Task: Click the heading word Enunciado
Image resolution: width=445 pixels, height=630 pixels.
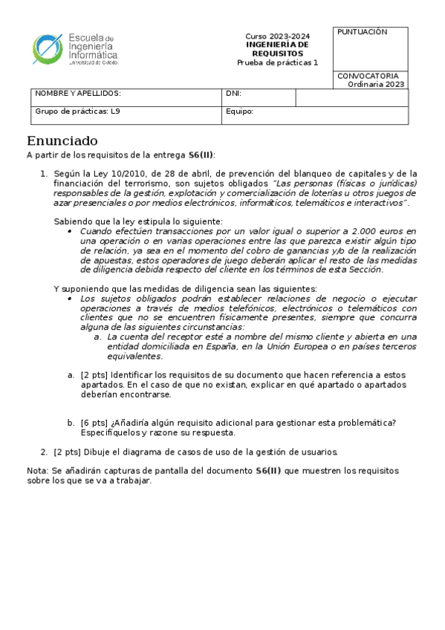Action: coord(62,141)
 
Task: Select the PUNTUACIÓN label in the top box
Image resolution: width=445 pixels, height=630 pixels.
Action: coord(363,32)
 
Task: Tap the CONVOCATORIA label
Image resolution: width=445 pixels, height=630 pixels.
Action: coord(368,76)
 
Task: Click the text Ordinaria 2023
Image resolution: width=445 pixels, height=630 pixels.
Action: coord(376,84)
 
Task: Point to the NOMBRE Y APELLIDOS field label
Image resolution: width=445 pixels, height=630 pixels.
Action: coord(78,94)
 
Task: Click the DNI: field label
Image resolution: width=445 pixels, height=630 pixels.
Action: coord(233,94)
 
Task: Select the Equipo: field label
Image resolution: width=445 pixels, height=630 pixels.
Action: coord(239,111)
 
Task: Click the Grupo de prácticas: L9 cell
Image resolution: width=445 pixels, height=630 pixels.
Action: coord(77,111)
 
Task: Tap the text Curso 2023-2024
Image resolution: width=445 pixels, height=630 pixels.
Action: coord(278,37)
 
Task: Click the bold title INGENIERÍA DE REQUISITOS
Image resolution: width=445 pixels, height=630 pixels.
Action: coord(278,49)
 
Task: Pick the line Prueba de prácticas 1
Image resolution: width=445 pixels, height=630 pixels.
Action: coord(277,62)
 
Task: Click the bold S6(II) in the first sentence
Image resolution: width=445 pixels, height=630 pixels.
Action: coord(201,155)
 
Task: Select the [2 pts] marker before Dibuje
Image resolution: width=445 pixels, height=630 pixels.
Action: coord(67,451)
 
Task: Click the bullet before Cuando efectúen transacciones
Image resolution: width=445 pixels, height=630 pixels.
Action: coord(70,232)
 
